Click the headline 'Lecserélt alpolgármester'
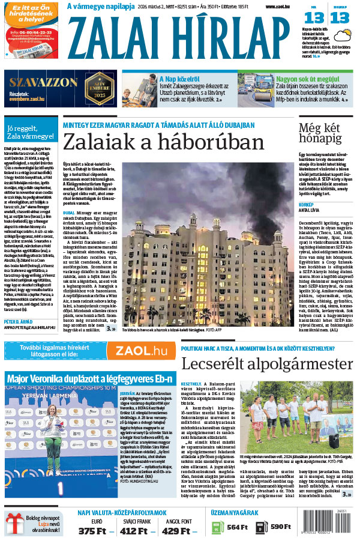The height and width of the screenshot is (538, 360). [267, 364]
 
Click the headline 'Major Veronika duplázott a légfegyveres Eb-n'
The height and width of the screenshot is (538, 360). [89, 379]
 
